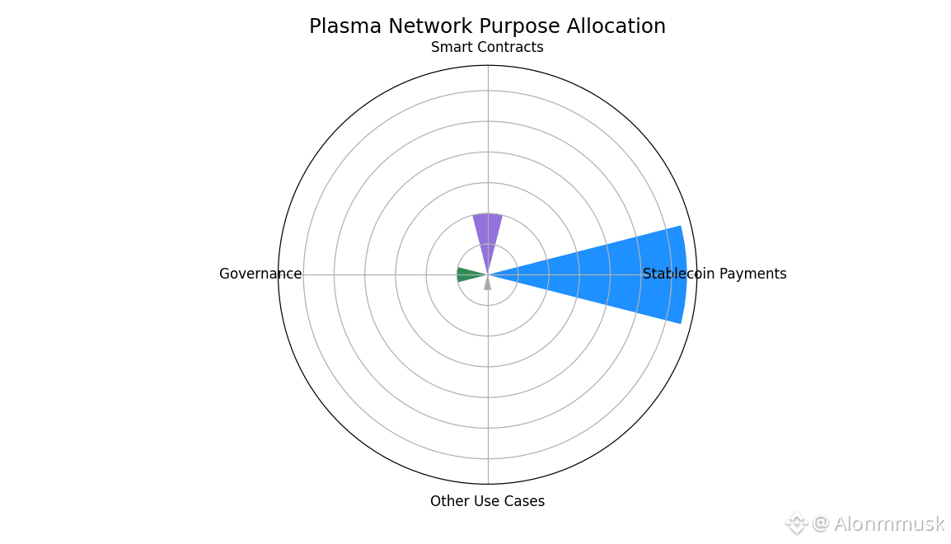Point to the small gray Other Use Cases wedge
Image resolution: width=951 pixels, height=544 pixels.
point(488,284)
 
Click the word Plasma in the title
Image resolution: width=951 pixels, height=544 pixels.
point(346,26)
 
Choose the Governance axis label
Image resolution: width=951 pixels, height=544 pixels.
point(260,274)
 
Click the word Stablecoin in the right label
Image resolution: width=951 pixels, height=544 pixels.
point(679,274)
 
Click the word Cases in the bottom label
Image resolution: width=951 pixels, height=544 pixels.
point(527,501)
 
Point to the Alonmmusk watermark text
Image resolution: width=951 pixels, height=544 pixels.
point(889,523)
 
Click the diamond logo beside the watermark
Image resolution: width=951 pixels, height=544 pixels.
point(796,523)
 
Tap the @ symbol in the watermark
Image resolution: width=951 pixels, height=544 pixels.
point(821,523)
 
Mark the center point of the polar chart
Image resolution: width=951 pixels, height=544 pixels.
point(488,274)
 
